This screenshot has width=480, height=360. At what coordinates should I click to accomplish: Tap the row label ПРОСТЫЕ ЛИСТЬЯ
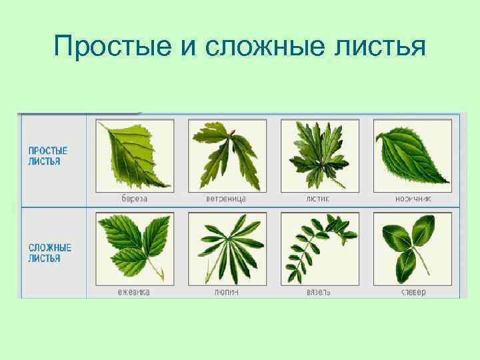[48, 156]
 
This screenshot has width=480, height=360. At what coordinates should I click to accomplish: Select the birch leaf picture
[135, 155]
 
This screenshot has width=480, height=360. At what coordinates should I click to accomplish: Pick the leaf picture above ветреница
[227, 155]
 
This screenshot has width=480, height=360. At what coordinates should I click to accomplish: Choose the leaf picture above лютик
[319, 155]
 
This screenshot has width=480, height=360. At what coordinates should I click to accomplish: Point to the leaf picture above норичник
[412, 155]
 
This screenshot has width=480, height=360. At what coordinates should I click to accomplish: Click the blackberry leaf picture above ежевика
[135, 248]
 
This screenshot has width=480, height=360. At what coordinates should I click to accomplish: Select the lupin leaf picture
[227, 248]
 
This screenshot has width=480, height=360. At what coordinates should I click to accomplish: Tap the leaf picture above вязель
[319, 248]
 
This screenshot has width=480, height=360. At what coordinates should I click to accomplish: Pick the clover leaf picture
[412, 248]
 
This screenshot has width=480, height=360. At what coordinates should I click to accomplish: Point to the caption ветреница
[227, 199]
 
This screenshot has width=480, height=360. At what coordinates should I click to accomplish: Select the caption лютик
[319, 199]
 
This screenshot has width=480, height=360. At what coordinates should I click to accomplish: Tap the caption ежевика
[135, 292]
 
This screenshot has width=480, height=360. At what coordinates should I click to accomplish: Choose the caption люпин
[227, 292]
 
